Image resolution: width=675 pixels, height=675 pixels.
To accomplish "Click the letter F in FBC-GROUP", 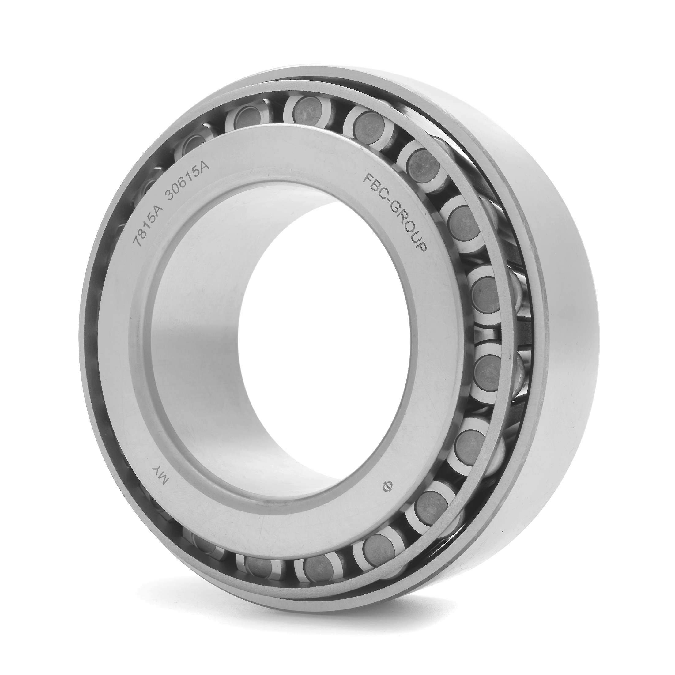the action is (x=368, y=180).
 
